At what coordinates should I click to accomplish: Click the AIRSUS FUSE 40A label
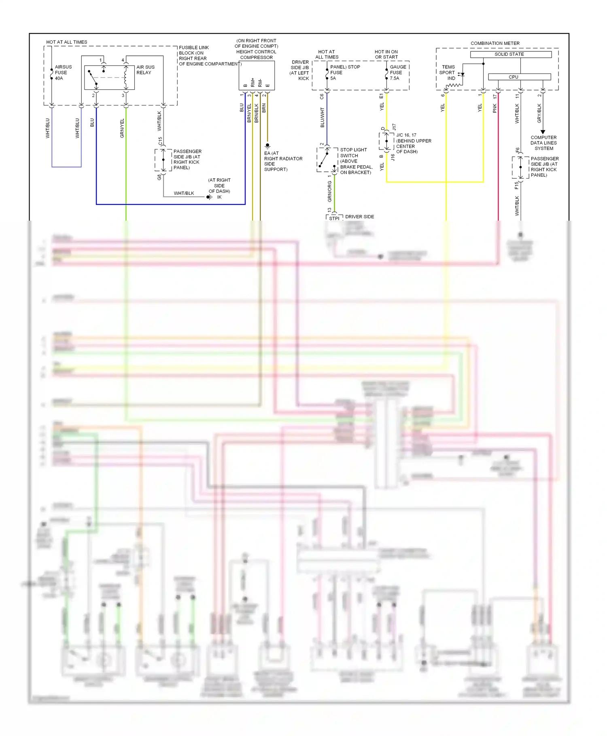(x=63, y=73)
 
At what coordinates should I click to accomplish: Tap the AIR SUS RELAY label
(x=145, y=70)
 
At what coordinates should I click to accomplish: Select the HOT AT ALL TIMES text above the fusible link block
(x=67, y=42)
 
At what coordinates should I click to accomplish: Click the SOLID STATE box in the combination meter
(x=510, y=54)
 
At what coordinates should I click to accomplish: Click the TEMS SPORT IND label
(x=448, y=73)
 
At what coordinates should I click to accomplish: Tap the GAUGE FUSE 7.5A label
(x=397, y=73)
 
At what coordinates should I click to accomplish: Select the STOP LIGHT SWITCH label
(x=353, y=153)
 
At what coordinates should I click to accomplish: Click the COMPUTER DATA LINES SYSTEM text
(x=543, y=143)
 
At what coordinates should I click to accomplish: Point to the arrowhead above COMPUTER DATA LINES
(x=543, y=132)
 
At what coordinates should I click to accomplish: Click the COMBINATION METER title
(x=495, y=43)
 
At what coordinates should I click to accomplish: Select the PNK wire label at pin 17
(x=495, y=108)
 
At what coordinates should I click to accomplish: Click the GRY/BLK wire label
(x=539, y=113)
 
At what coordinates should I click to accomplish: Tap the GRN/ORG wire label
(x=329, y=192)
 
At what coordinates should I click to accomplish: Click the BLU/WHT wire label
(x=322, y=117)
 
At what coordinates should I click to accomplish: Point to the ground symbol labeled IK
(x=209, y=197)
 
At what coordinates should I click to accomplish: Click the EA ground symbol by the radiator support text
(x=267, y=146)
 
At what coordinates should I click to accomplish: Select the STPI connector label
(x=334, y=218)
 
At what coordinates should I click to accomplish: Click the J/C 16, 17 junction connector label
(x=406, y=135)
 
